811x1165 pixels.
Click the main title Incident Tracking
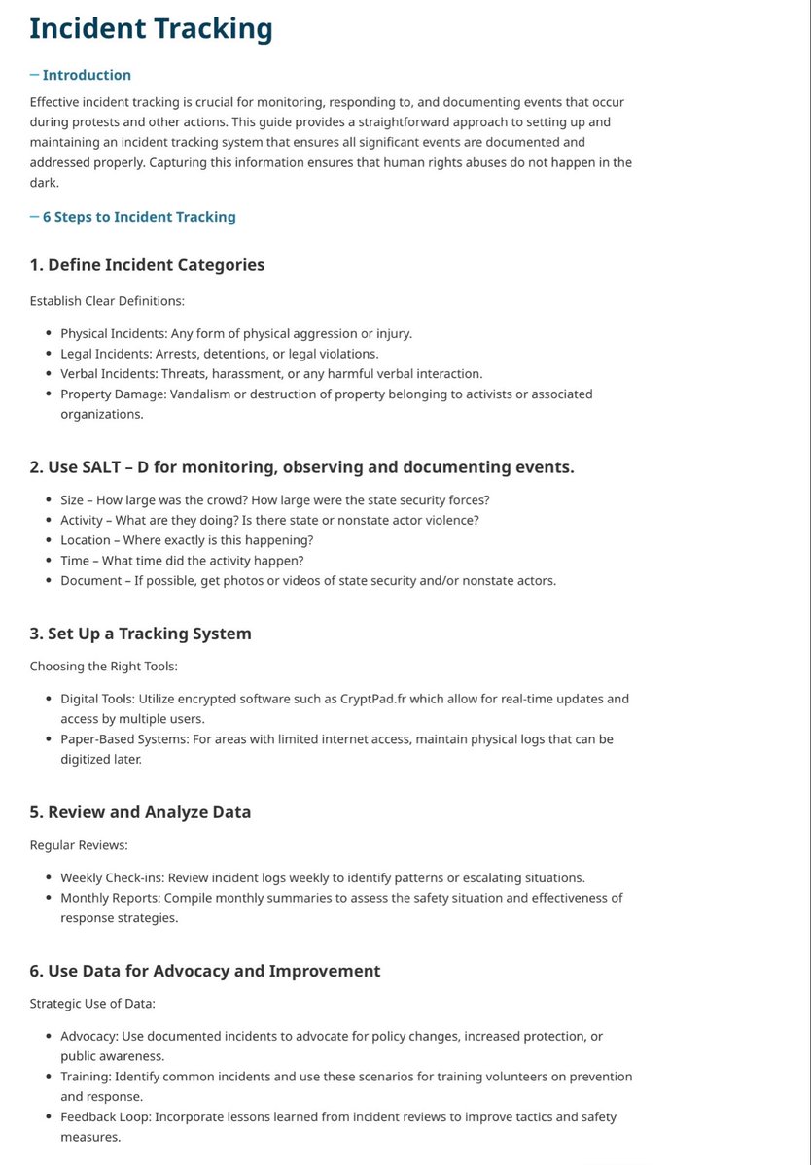(x=151, y=29)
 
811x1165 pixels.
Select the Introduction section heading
(x=87, y=75)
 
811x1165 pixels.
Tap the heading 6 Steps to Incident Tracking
(x=139, y=217)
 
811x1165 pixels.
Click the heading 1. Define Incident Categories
(x=147, y=265)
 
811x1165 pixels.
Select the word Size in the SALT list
(x=74, y=500)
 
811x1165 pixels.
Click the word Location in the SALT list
(x=86, y=540)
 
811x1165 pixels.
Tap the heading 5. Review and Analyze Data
(x=140, y=812)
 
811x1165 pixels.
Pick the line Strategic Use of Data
(x=94, y=1004)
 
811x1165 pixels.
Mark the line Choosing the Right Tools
(x=104, y=667)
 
